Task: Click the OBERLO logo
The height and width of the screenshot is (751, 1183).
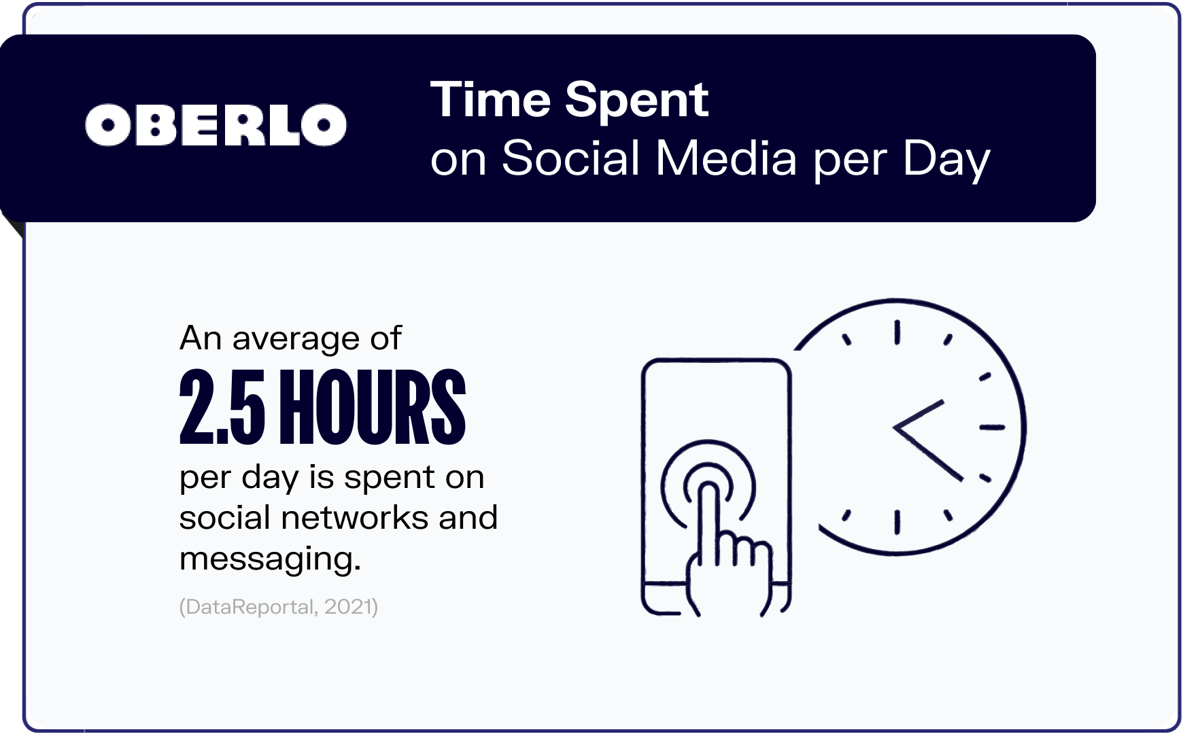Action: click(x=216, y=125)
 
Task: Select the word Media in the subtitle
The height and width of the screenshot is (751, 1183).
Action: click(x=725, y=158)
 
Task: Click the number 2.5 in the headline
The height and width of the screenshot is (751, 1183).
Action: click(x=222, y=408)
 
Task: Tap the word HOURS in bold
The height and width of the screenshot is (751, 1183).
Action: click(x=373, y=408)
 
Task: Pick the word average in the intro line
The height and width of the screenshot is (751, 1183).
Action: click(x=296, y=338)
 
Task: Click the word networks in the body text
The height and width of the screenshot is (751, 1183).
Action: click(x=354, y=518)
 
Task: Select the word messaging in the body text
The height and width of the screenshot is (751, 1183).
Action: click(x=270, y=559)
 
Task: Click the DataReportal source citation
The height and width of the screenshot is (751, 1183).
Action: click(x=249, y=606)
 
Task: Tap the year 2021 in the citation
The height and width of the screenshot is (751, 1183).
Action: click(x=349, y=606)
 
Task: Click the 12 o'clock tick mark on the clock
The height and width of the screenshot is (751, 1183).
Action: click(x=897, y=332)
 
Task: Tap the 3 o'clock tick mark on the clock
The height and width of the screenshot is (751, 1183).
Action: click(x=992, y=427)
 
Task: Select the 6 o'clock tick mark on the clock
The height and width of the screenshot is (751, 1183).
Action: click(x=897, y=522)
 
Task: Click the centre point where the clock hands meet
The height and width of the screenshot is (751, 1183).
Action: click(x=895, y=428)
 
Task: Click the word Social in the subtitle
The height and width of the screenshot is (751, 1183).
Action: click(x=570, y=158)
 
